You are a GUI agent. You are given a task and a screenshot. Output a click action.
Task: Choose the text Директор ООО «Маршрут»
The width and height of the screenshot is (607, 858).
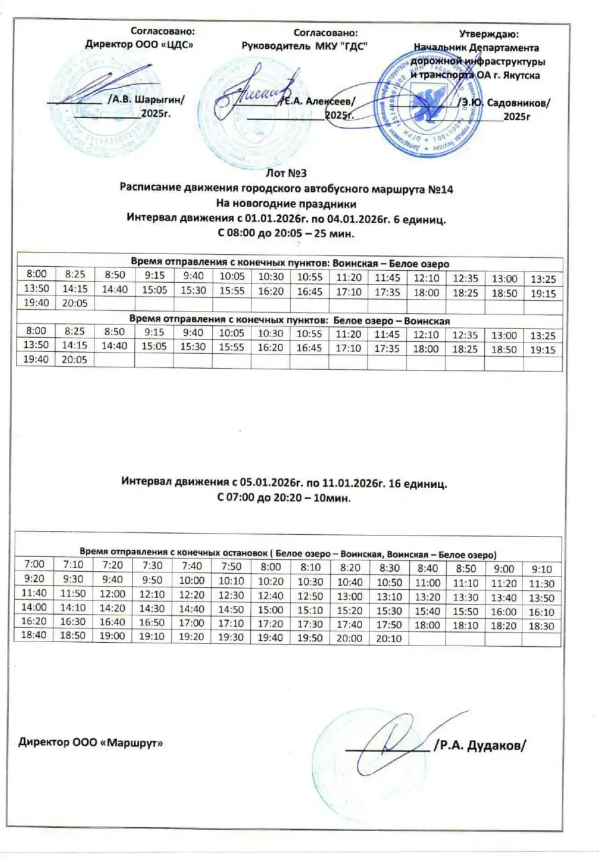point(90,743)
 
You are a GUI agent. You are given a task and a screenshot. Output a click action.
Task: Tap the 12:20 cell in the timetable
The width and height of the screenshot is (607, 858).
point(192,595)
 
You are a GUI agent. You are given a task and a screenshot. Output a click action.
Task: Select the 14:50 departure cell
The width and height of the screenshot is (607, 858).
point(230,609)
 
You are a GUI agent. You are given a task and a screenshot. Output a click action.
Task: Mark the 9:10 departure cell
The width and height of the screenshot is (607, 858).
point(541,567)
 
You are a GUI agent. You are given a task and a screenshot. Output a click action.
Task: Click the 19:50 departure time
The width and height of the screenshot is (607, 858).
point(309,638)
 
